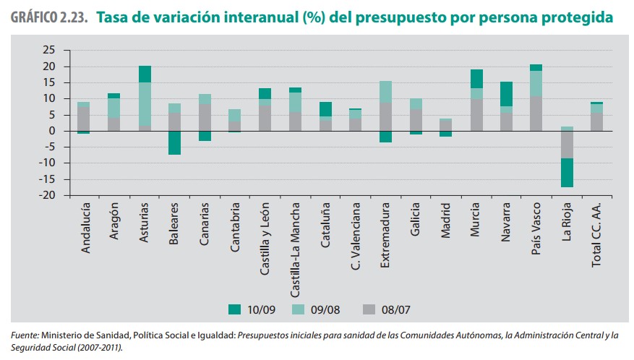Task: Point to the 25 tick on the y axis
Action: (x=48, y=50)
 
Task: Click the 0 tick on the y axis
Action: (x=53, y=131)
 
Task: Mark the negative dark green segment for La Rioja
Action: (x=567, y=173)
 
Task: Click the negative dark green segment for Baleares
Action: (x=174, y=143)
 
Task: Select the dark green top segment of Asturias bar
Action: (x=145, y=74)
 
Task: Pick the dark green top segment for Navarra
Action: (x=506, y=94)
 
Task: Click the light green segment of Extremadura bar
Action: (x=385, y=92)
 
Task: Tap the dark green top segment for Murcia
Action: (x=476, y=79)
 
